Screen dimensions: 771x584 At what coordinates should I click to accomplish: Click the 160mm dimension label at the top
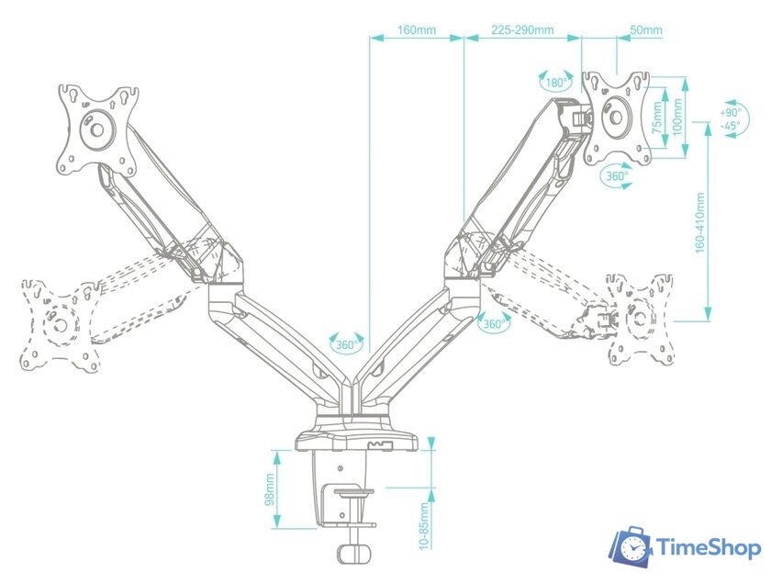(417, 29)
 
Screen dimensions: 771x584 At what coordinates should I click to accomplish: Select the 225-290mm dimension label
(522, 29)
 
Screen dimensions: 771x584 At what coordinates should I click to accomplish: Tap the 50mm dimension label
(646, 29)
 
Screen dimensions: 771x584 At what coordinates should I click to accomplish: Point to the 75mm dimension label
(657, 118)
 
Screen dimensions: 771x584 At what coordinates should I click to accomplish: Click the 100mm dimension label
(677, 118)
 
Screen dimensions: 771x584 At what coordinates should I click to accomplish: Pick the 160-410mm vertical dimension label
(700, 223)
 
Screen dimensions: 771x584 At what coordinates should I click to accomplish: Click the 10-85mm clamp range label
(424, 525)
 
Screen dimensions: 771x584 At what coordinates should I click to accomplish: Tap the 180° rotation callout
(556, 82)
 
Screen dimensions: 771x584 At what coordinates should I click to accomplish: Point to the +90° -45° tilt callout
(732, 119)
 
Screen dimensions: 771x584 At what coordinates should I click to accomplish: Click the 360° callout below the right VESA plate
(617, 175)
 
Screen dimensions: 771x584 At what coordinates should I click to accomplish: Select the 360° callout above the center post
(347, 343)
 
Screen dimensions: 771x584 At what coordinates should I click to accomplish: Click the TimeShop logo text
(709, 547)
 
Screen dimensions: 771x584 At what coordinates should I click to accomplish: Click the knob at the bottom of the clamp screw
(354, 553)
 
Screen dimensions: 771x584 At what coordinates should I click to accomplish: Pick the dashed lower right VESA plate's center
(639, 319)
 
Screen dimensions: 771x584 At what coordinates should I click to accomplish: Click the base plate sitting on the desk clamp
(356, 441)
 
